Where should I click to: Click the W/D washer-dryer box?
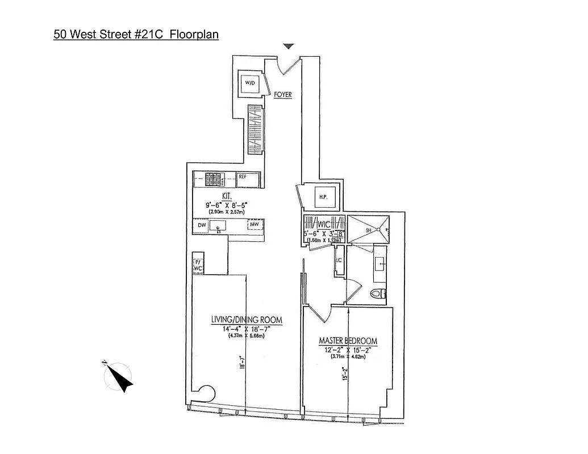pyautogui.click(x=251, y=84)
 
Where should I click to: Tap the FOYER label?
pyautogui.click(x=282, y=95)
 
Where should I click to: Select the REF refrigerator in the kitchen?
pyautogui.click(x=243, y=176)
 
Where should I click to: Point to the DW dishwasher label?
pyautogui.click(x=201, y=225)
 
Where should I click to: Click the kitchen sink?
pyautogui.click(x=218, y=226)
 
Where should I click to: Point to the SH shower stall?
pyautogui.click(x=369, y=230)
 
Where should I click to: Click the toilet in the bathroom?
pyautogui.click(x=378, y=293)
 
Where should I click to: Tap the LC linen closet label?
pyautogui.click(x=339, y=261)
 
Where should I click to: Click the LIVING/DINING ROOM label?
pyautogui.click(x=247, y=320)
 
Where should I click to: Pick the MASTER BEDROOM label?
pyautogui.click(x=348, y=340)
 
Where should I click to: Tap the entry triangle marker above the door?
pyautogui.click(x=289, y=47)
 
